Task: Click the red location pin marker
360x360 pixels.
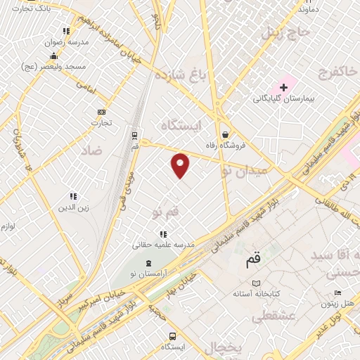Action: (x=181, y=165)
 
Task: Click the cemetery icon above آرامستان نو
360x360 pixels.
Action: (x=148, y=262)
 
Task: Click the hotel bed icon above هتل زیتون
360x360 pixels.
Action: (x=337, y=292)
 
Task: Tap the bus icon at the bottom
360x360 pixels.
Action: (x=173, y=336)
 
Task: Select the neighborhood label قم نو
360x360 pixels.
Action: (x=166, y=212)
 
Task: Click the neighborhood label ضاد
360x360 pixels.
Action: (x=92, y=150)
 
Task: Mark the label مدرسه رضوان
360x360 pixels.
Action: (x=67, y=42)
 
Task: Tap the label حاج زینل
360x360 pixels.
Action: (x=285, y=32)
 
